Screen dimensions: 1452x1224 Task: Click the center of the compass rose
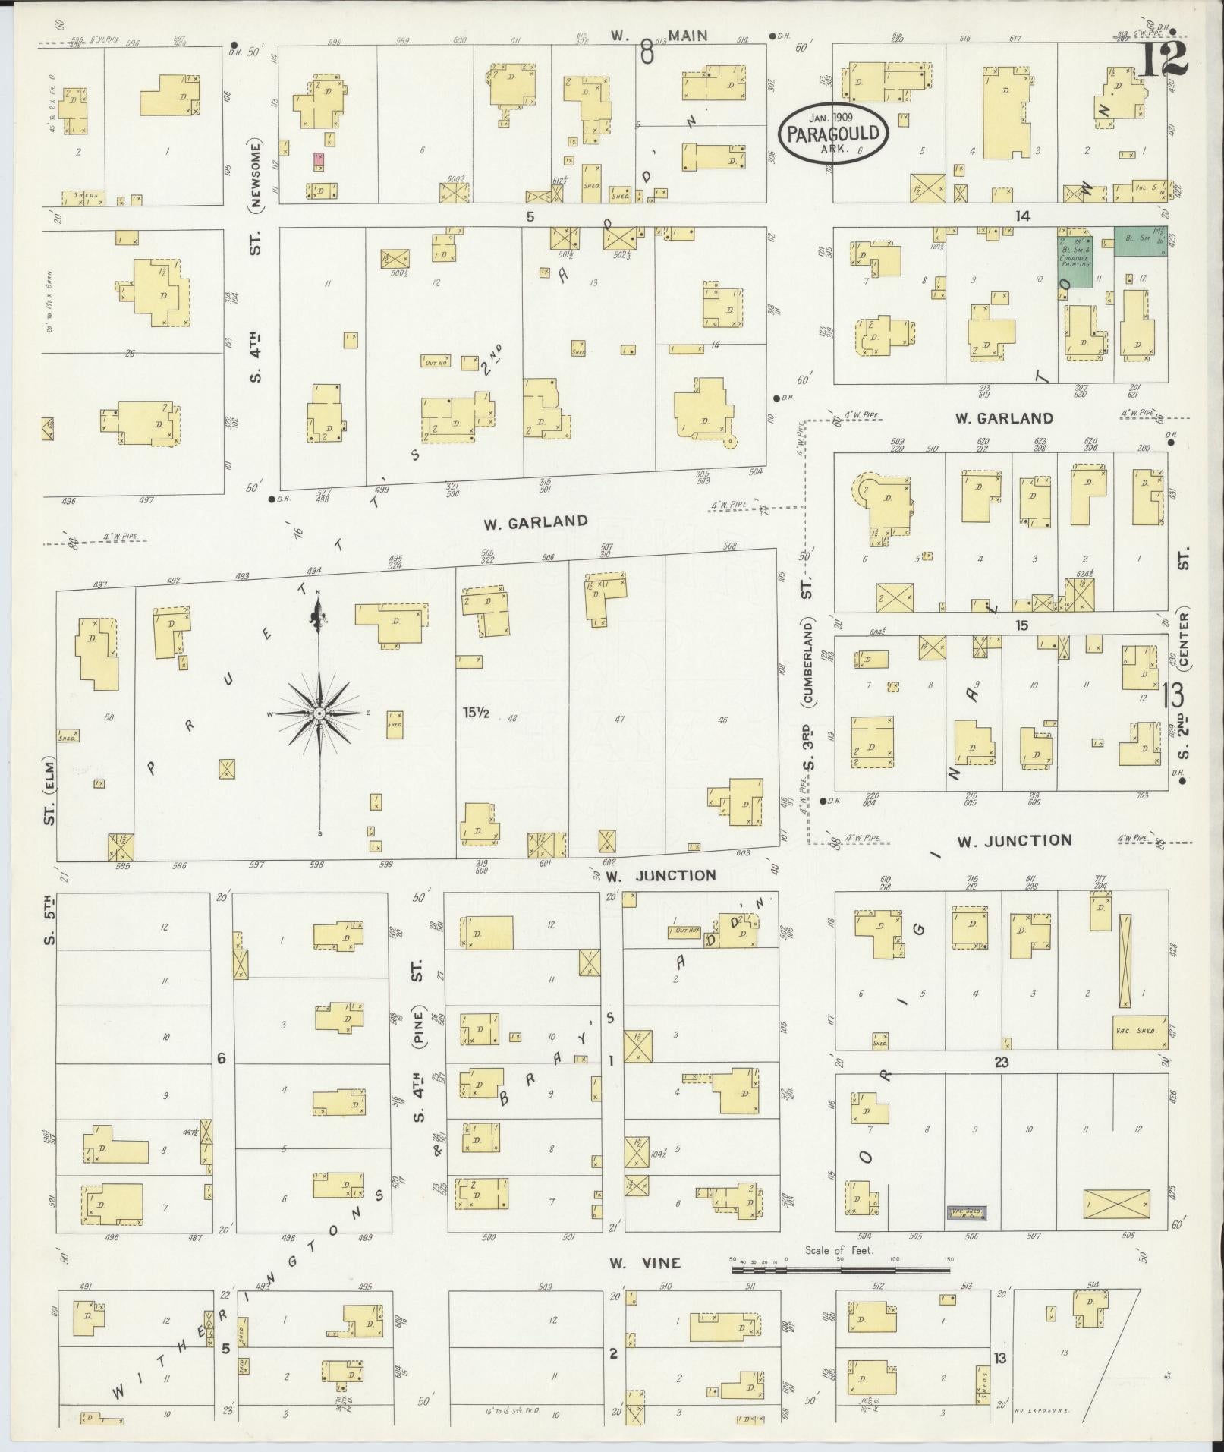pyautogui.click(x=319, y=713)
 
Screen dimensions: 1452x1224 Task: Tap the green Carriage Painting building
pyautogui.click(x=1076, y=257)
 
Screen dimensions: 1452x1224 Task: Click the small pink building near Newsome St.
pyautogui.click(x=319, y=159)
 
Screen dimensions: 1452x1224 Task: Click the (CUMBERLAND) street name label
pyautogui.click(x=810, y=660)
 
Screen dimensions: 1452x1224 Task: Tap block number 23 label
pyautogui.click(x=1002, y=1063)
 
